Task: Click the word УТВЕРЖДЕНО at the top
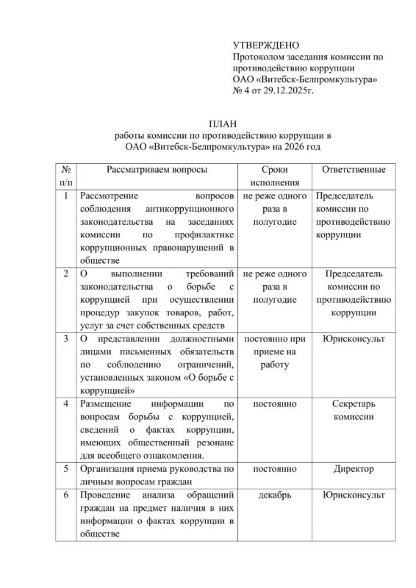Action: point(265,45)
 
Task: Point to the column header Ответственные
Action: point(349,171)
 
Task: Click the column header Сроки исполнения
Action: point(274,177)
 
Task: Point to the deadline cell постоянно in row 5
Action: point(274,468)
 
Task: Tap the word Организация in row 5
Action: point(110,468)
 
